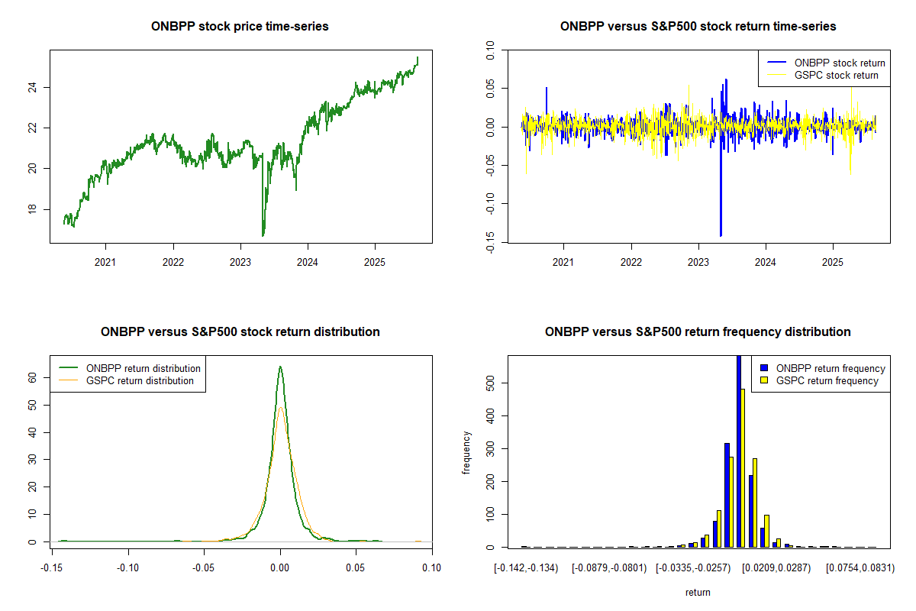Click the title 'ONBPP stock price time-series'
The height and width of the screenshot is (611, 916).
(240, 27)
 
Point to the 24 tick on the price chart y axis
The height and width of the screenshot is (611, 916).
(31, 87)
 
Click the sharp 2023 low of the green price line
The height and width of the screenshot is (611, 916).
(263, 234)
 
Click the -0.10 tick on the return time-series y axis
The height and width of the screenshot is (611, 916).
(489, 204)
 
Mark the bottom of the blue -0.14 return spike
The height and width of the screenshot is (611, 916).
(721, 235)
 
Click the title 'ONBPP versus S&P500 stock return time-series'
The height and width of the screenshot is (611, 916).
(698, 27)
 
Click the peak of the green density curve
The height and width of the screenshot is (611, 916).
(280, 367)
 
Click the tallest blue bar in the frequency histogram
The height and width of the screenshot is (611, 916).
(738, 451)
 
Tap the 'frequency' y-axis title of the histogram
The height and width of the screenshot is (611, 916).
(466, 453)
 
